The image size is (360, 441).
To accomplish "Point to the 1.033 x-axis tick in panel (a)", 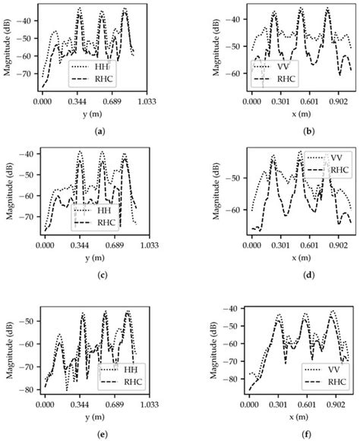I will [147, 100].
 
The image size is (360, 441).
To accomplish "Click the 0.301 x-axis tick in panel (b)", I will [281, 100].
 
